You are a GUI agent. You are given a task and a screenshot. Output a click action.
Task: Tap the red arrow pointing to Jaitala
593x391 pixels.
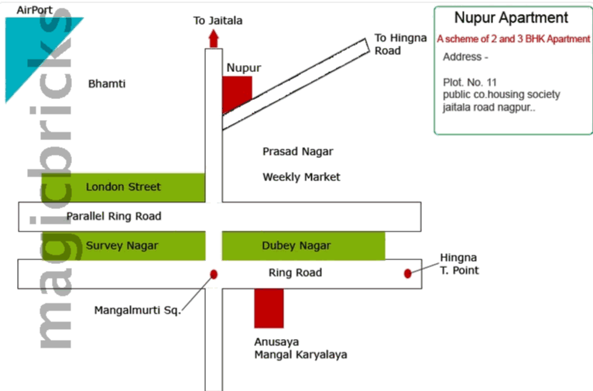pos(214,38)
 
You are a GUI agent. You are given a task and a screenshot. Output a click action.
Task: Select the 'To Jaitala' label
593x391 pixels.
pos(218,20)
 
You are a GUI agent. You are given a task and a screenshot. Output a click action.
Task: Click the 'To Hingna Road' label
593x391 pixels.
pos(399,44)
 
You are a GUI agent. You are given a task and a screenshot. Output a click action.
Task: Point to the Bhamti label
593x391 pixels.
pos(107,84)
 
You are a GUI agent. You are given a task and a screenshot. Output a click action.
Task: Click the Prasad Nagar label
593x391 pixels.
pos(298,152)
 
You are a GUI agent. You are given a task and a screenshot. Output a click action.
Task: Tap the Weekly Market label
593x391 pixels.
pos(301,177)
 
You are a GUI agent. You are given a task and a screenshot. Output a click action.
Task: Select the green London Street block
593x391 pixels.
pos(124,187)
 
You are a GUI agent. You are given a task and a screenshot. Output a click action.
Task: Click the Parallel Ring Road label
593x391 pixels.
pos(114,216)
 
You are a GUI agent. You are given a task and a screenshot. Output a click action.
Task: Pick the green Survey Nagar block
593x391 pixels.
pos(122,245)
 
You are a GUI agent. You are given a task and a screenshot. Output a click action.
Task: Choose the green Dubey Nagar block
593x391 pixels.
pos(303,245)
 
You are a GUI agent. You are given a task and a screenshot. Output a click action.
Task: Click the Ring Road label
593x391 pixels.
pos(295,273)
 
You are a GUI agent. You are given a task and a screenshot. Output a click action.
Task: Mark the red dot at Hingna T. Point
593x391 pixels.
pos(408,273)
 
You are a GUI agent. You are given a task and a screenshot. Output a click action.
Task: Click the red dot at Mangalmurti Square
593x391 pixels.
pos(214,274)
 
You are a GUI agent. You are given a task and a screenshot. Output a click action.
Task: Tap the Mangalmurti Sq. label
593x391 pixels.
pos(137,310)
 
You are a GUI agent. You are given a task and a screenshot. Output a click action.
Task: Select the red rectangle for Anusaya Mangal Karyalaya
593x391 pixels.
pos(269,307)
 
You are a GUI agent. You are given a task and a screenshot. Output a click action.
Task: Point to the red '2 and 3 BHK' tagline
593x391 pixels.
pos(513,39)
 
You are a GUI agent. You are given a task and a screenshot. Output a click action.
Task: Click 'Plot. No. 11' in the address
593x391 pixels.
pos(470,82)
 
